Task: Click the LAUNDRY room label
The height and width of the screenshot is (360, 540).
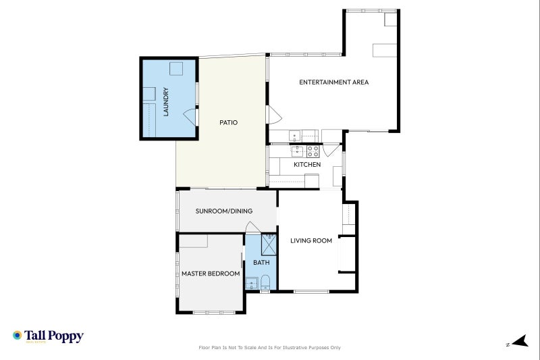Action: (x=165, y=101)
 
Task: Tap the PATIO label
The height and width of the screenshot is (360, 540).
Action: (x=228, y=122)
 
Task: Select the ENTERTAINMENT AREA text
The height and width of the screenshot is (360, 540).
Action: (x=333, y=82)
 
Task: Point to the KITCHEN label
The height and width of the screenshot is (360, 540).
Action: (x=307, y=164)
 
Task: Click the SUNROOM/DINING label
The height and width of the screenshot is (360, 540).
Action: (x=224, y=211)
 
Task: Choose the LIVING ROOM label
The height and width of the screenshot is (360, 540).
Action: (x=311, y=240)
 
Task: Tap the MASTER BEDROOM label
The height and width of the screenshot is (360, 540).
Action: (x=211, y=274)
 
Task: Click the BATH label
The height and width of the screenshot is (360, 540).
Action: (x=261, y=263)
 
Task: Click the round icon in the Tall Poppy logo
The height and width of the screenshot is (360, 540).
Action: (x=17, y=335)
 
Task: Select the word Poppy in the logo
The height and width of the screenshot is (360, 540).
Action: (x=65, y=336)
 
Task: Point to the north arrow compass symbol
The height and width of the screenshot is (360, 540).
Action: (x=520, y=341)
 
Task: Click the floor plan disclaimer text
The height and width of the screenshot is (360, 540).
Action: (x=269, y=348)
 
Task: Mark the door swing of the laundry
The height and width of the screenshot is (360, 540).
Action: (x=190, y=117)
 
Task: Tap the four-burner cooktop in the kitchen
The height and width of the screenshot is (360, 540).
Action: (x=313, y=151)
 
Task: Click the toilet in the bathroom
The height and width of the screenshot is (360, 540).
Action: (x=265, y=282)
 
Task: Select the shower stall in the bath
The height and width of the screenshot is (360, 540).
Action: (x=269, y=245)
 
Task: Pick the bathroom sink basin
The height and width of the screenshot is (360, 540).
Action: (x=251, y=283)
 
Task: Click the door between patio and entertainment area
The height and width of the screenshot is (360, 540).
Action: (x=275, y=115)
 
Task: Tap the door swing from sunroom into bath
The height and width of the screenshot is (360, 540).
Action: (x=252, y=228)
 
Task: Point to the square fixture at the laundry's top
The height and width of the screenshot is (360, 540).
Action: (x=176, y=68)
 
